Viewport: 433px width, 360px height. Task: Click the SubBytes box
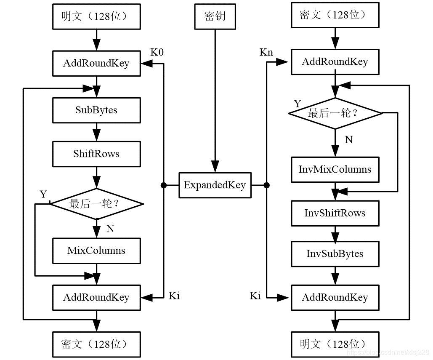click(96, 110)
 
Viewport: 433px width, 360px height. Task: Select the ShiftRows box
click(96, 154)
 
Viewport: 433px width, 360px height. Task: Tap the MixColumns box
click(96, 251)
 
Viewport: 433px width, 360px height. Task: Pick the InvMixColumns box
click(335, 170)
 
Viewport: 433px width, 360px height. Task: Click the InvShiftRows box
click(335, 213)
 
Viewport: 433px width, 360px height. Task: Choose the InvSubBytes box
click(335, 254)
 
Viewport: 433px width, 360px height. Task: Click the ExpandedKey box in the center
click(215, 185)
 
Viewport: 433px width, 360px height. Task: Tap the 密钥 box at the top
click(215, 16)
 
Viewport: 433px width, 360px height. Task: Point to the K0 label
click(157, 52)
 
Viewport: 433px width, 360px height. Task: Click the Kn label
click(266, 52)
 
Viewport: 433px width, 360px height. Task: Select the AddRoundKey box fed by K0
click(96, 64)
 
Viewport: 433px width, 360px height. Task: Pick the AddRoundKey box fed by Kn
click(335, 62)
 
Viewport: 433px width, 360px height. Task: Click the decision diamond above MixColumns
click(96, 204)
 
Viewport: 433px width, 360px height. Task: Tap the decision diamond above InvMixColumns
click(335, 113)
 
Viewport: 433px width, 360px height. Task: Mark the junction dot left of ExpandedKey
click(163, 185)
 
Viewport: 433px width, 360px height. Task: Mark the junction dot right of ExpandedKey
click(266, 185)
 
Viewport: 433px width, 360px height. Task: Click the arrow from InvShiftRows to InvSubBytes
click(335, 233)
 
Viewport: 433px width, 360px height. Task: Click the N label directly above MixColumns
click(110, 229)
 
